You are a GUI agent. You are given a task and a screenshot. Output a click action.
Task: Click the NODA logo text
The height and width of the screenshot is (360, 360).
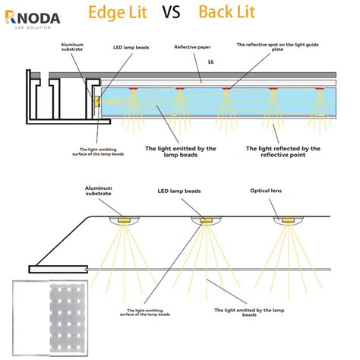[35, 14]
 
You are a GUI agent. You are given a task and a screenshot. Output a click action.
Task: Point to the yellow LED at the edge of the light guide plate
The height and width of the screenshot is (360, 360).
[97, 101]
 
